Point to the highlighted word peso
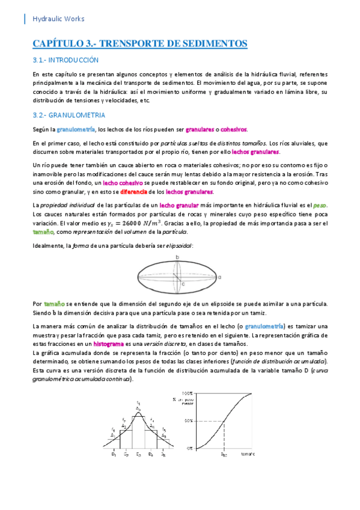tap(319, 205)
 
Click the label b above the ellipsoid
tap(177, 257)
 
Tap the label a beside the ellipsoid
tap(220, 277)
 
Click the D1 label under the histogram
tap(113, 455)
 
